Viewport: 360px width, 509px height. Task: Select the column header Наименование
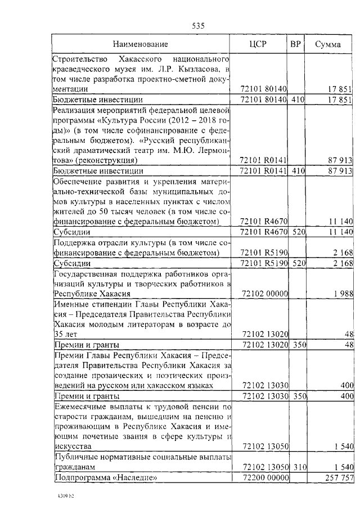(141, 44)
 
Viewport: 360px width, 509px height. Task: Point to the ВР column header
(295, 44)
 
